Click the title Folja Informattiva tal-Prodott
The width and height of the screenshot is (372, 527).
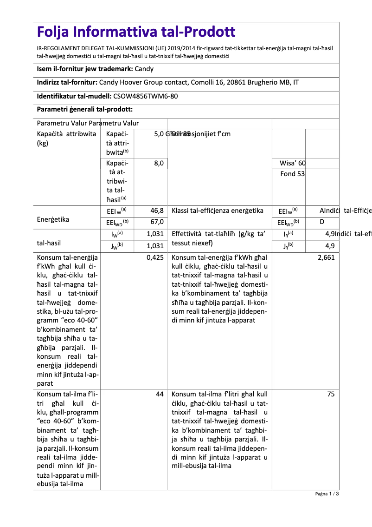coord(136,32)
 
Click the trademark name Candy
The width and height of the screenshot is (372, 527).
coord(144,69)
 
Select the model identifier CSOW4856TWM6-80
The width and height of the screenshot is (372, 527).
coord(145,96)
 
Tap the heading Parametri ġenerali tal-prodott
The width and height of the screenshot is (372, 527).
coord(85,110)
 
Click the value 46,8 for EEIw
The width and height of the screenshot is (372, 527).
coord(157,211)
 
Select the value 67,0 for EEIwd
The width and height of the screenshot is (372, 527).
coord(157,222)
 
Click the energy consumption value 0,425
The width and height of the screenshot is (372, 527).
coord(155,257)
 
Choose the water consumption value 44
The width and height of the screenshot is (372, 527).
coord(160,394)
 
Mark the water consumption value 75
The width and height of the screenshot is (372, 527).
coord(331,394)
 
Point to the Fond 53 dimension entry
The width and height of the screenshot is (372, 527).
coord(293,174)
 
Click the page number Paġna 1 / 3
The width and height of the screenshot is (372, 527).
coord(327,494)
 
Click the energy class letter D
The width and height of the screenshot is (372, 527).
coord(322,222)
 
